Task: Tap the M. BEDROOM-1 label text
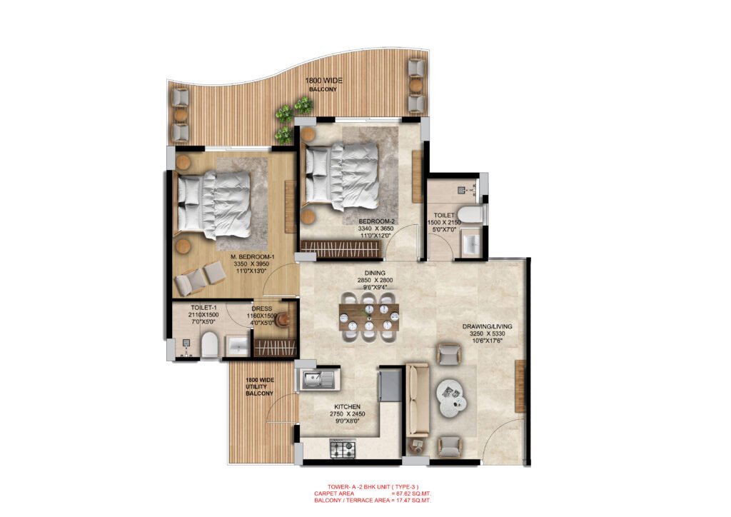(253, 256)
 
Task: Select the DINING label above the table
(375, 273)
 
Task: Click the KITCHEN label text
(347, 406)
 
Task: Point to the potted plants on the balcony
(294, 111)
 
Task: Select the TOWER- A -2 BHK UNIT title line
(365, 486)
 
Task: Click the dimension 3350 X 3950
(253, 264)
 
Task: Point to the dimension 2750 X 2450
(347, 414)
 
